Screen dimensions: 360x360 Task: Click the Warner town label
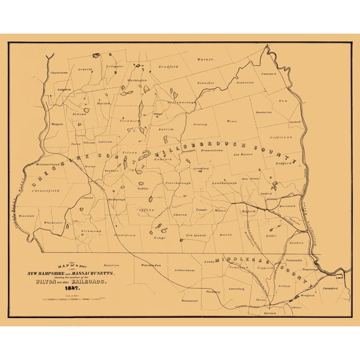click(x=204, y=60)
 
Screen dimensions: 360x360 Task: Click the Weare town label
click(x=232, y=121)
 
